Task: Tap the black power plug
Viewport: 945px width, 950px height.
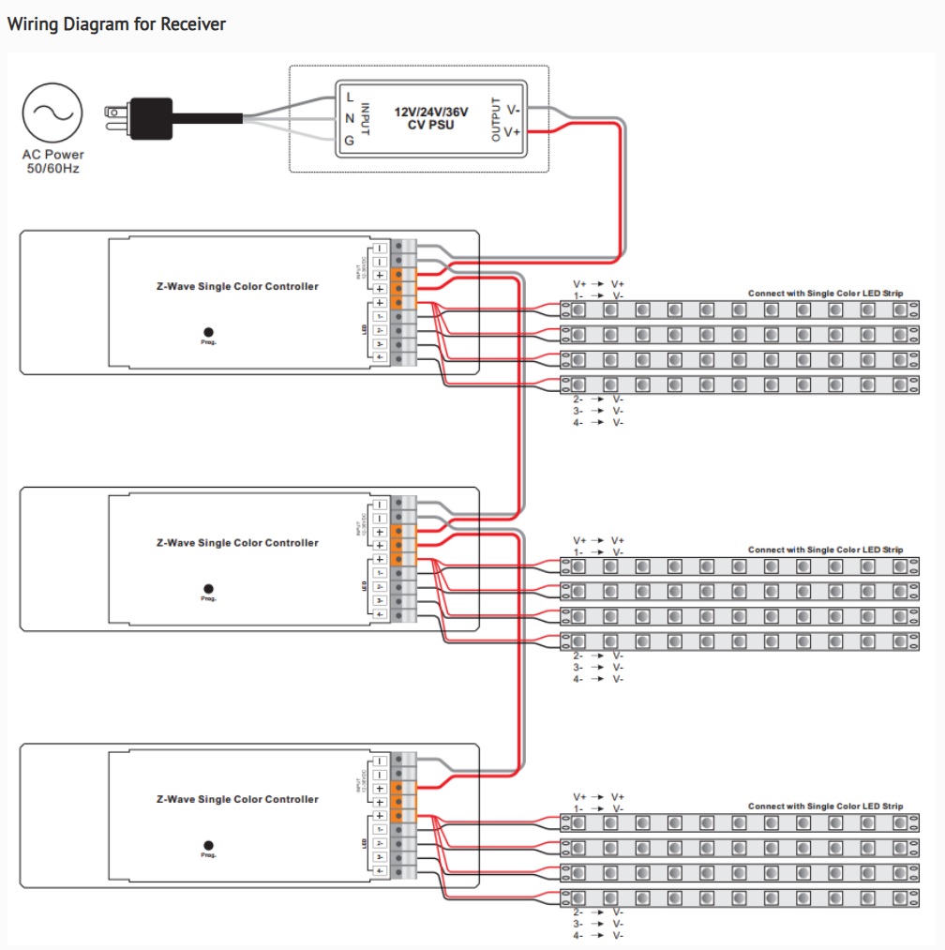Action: coord(149,118)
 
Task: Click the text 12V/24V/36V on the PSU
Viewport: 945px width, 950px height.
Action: coord(431,112)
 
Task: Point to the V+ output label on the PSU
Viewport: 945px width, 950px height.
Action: coord(512,132)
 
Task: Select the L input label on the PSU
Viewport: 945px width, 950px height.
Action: coord(350,97)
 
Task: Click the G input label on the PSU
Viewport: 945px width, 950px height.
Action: coord(350,141)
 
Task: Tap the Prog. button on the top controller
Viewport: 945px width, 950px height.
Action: coord(208,332)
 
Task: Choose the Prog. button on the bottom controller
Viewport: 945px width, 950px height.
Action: coord(208,845)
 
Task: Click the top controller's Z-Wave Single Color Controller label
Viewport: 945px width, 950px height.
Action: coord(237,286)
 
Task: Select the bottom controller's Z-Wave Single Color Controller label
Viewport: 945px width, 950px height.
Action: coord(237,799)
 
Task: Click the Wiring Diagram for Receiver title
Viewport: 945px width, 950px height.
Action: coord(116,24)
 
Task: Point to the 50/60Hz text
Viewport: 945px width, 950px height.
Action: coord(53,169)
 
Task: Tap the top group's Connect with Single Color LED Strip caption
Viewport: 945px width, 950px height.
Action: coord(825,294)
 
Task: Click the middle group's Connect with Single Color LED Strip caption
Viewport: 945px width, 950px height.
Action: coord(825,550)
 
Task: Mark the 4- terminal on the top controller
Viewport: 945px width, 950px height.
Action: coord(380,357)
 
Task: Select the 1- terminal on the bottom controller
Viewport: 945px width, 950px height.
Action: coord(380,830)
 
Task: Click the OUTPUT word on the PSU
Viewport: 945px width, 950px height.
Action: coord(496,119)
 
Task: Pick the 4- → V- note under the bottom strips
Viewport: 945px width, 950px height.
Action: coord(597,935)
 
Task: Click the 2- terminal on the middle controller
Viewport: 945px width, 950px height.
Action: coord(380,586)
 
